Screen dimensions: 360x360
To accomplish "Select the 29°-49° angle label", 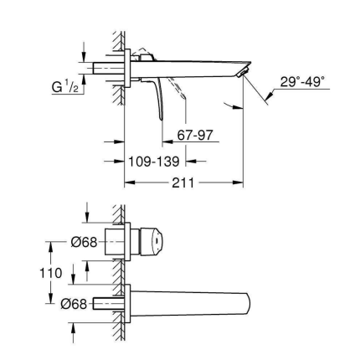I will coord(302,83).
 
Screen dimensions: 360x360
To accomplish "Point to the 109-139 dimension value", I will coord(155,158).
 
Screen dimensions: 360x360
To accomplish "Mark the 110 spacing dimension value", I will coord(52,273).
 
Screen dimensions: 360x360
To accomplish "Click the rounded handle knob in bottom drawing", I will coord(151,239).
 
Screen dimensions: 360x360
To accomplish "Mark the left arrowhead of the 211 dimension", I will coord(130,183).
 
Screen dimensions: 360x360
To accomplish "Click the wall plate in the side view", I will coord(127,69).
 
